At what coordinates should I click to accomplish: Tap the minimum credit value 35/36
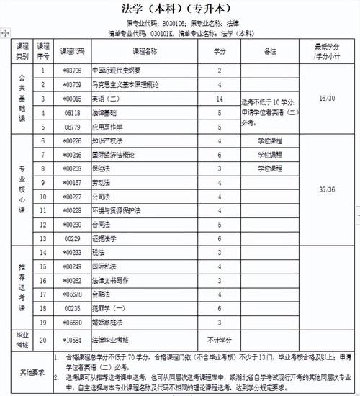(x=322, y=189)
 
